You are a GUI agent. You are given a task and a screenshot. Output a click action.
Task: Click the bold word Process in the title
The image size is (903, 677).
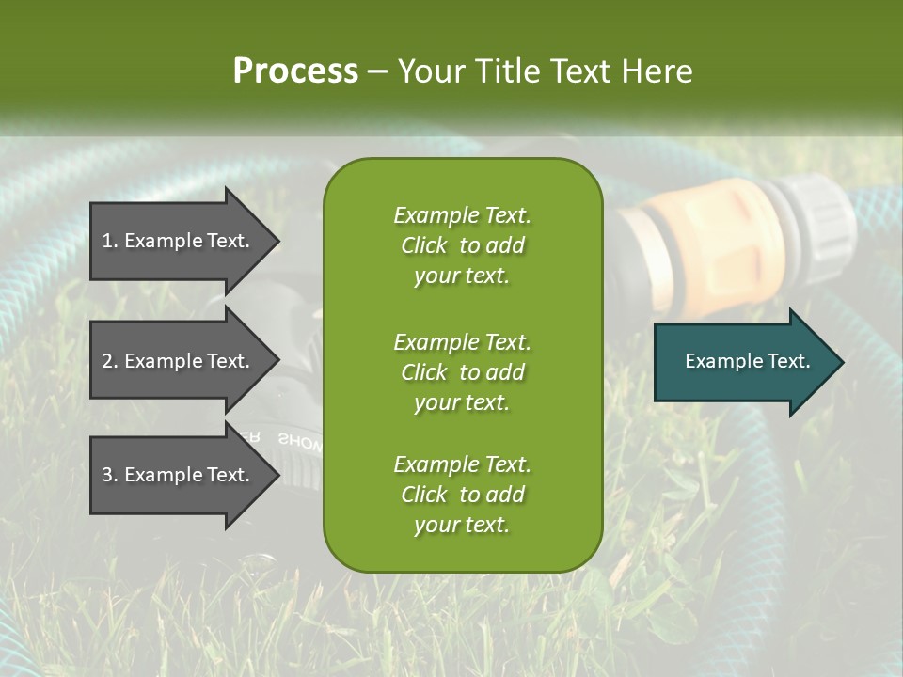(x=295, y=71)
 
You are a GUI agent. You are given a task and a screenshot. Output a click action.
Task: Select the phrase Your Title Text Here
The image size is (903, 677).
(x=545, y=71)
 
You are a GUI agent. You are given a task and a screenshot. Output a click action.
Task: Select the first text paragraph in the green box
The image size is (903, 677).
(x=462, y=245)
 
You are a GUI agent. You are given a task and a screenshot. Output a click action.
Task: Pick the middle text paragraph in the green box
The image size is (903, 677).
(x=462, y=371)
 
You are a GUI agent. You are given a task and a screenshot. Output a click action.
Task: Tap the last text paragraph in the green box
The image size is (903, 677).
(x=462, y=495)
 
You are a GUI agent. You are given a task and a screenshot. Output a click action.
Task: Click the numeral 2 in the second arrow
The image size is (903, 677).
(x=107, y=361)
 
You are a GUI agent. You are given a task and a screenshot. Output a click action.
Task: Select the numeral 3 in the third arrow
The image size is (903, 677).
(x=107, y=475)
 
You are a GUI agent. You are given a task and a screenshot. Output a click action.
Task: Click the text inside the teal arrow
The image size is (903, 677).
(x=748, y=361)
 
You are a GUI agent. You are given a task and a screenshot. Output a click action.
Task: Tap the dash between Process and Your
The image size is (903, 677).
(x=378, y=71)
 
